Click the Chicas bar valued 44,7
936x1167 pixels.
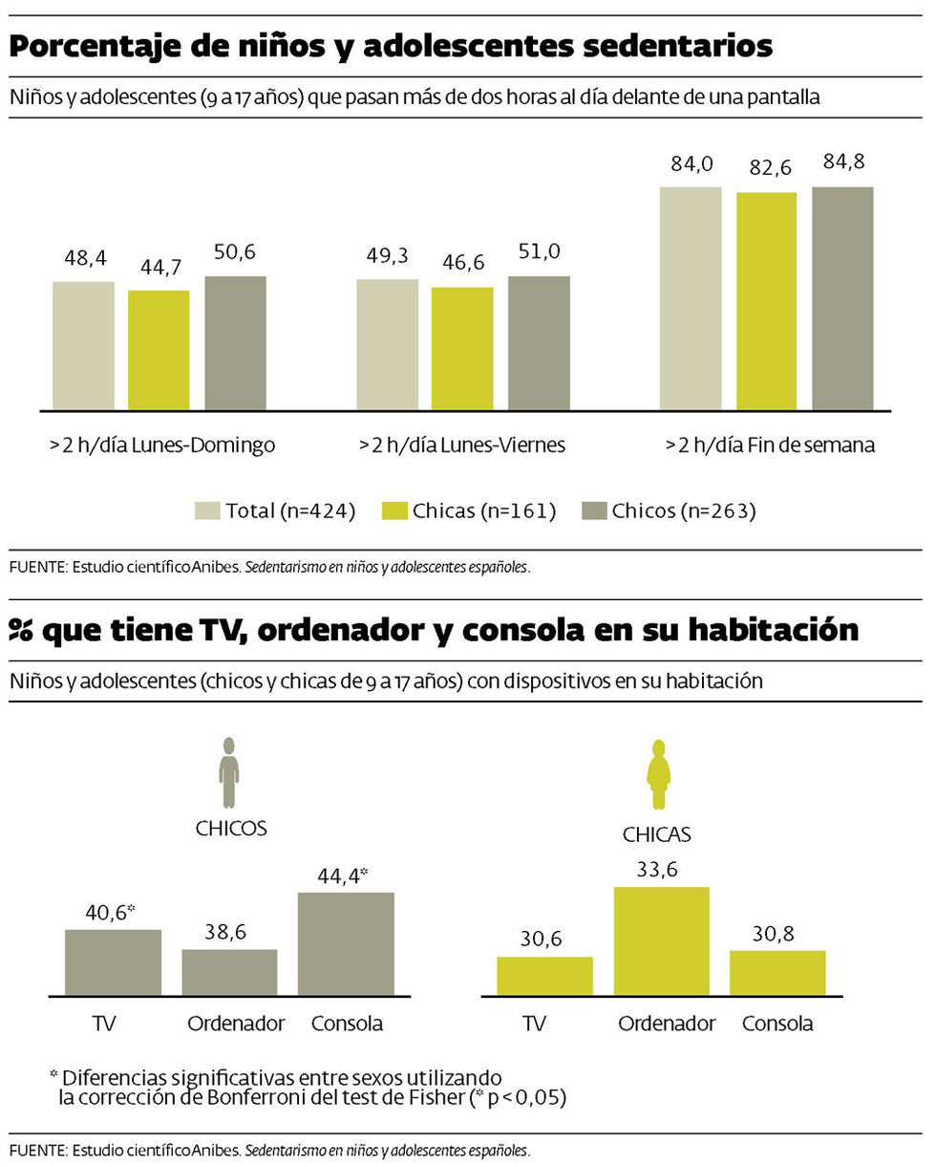tap(159, 350)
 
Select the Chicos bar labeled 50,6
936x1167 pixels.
tap(235, 343)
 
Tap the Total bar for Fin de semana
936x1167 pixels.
tap(691, 298)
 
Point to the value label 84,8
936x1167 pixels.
tap(843, 162)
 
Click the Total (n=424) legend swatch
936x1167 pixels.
tap(207, 511)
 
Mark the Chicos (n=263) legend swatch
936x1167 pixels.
tap(594, 511)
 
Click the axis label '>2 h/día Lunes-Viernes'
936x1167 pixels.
tap(462, 445)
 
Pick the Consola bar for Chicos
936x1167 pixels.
tap(346, 943)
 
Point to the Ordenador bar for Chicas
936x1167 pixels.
tap(661, 941)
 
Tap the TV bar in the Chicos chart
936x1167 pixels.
tap(113, 962)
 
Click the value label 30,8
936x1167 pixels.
tap(776, 930)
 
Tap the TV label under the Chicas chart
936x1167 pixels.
tap(535, 1024)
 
